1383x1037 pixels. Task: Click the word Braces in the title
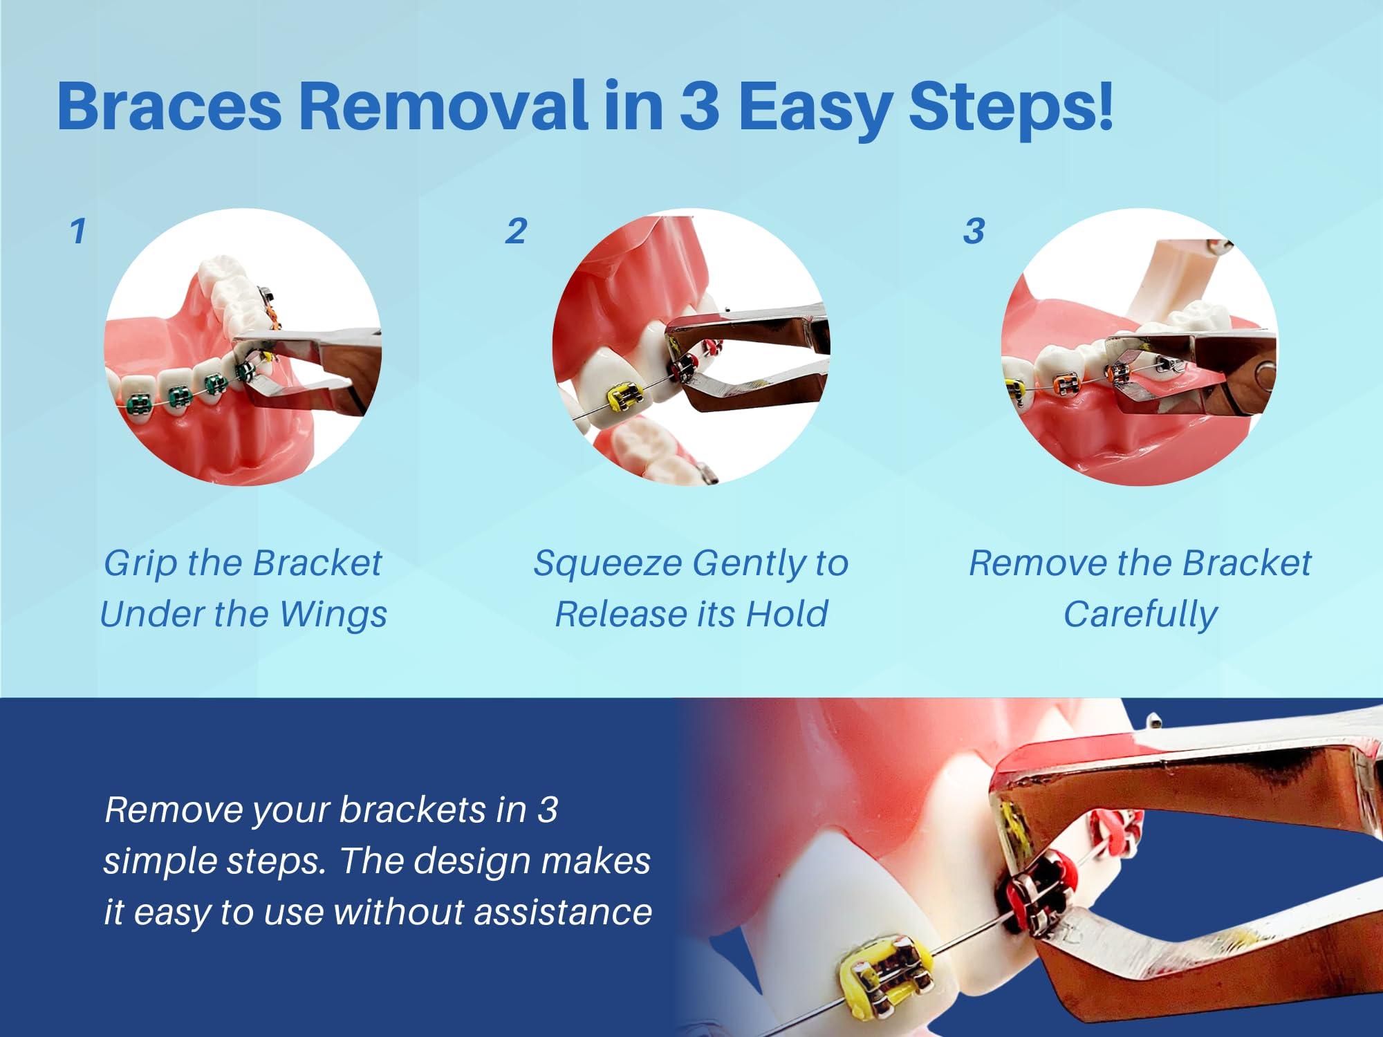169,106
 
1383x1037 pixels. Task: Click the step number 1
78,231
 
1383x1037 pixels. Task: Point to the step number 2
516,231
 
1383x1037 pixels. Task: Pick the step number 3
974,231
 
